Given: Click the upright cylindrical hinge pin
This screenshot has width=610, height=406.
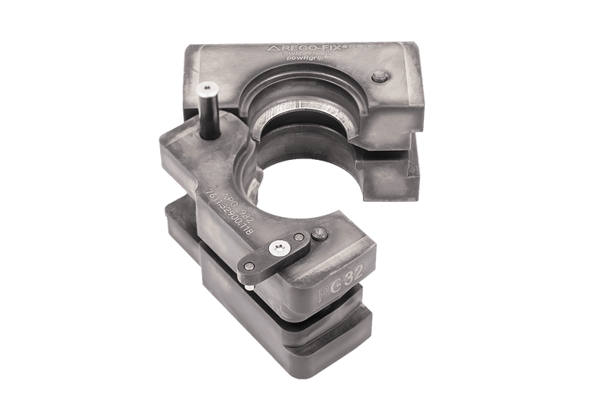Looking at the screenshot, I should click(207, 113).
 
